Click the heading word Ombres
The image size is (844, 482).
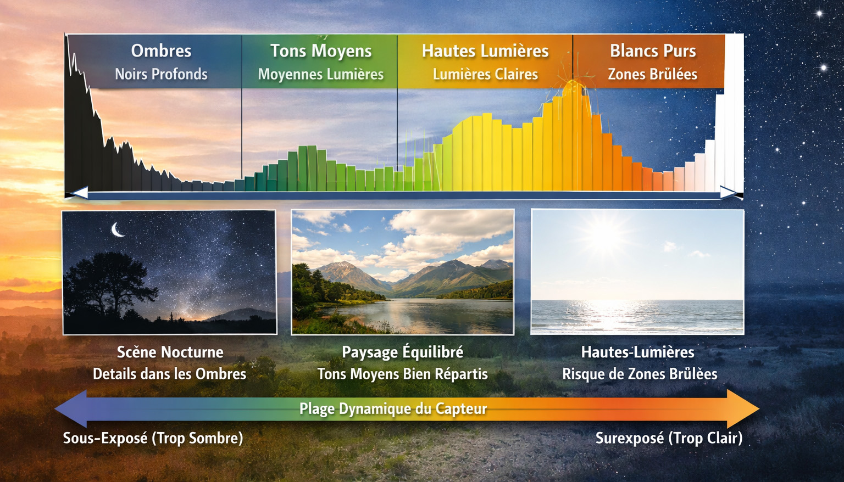(161, 51)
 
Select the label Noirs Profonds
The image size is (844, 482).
(161, 74)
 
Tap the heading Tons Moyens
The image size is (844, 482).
(321, 51)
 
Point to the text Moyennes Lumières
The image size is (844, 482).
(321, 74)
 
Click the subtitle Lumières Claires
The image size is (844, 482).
(485, 74)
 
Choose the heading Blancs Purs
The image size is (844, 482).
(653, 51)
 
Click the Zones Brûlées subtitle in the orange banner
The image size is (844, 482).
(653, 74)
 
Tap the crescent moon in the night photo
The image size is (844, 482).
(118, 229)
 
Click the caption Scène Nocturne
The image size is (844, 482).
(170, 352)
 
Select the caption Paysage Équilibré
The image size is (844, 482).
(402, 352)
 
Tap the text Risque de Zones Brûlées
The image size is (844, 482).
(640, 374)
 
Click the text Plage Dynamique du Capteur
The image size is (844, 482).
(393, 408)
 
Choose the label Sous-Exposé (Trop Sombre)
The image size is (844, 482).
(153, 438)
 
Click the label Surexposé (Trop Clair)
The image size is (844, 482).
(669, 438)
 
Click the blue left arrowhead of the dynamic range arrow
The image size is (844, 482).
(71, 409)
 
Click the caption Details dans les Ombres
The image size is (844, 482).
(170, 374)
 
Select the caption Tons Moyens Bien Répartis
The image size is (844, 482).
(402, 374)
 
